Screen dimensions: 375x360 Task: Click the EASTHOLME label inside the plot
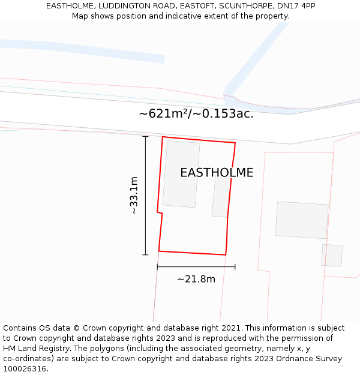point(217,173)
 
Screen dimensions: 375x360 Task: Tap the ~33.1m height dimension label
point(134,196)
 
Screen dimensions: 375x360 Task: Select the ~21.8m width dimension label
point(196,279)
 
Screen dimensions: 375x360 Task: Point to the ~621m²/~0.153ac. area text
point(196,113)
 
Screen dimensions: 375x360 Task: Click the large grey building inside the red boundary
point(181,174)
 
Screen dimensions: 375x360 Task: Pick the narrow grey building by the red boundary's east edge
point(220,196)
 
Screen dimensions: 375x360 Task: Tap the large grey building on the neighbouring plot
point(302,220)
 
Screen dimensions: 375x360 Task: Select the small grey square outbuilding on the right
point(332,255)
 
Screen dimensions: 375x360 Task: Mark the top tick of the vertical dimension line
point(145,137)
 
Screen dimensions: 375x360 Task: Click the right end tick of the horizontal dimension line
point(235,266)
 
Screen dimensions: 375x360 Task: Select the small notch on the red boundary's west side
point(159,212)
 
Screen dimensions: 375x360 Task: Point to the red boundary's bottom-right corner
point(226,255)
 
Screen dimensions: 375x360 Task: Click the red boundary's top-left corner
point(163,137)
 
